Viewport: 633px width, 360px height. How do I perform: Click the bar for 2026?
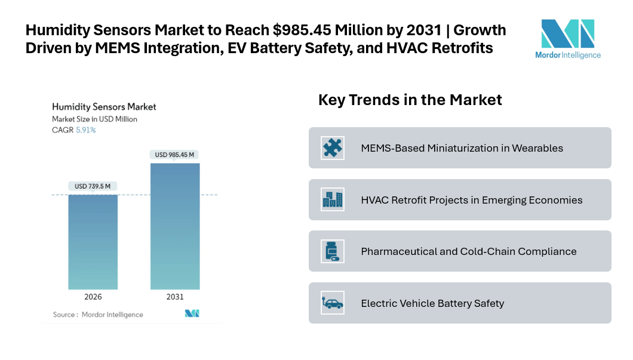click(x=93, y=242)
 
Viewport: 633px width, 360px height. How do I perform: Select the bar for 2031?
click(x=175, y=226)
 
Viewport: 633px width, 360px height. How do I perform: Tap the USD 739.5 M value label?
click(x=93, y=186)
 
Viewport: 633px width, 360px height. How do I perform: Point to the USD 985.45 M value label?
click(x=175, y=155)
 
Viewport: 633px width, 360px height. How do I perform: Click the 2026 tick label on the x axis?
click(x=93, y=297)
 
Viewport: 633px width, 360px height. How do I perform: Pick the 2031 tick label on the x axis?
click(x=175, y=297)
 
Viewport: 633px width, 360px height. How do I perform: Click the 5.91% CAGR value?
click(x=85, y=130)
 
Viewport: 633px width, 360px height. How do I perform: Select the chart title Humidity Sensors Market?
click(x=104, y=107)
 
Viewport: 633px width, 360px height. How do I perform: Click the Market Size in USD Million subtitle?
click(x=94, y=119)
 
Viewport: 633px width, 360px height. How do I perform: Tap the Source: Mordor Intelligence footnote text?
click(x=98, y=315)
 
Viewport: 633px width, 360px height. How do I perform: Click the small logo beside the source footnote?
click(x=192, y=313)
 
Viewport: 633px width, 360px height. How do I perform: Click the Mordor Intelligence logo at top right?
click(x=567, y=39)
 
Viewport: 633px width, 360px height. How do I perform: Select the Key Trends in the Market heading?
click(x=410, y=100)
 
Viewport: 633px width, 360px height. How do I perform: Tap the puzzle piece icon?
click(x=332, y=147)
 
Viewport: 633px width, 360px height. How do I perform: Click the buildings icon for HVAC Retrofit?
click(x=332, y=199)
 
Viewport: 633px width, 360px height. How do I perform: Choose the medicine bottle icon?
click(x=331, y=251)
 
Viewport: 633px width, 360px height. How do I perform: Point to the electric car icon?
click(x=332, y=303)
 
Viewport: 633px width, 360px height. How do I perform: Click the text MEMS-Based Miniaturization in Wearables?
click(x=462, y=148)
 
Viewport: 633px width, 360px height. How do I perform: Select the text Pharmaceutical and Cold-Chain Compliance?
click(x=469, y=251)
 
